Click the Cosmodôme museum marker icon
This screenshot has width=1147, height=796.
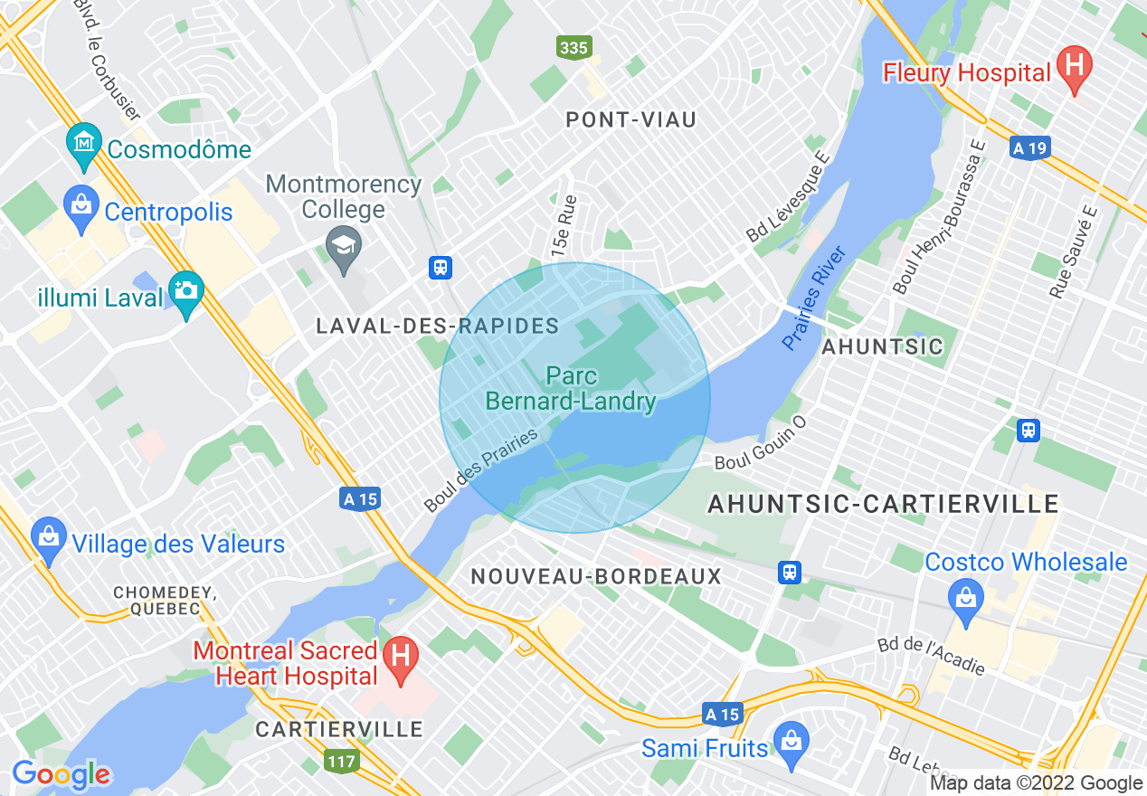click(x=84, y=144)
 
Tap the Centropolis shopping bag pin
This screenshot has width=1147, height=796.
click(x=81, y=205)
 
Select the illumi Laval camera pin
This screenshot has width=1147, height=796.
click(x=186, y=290)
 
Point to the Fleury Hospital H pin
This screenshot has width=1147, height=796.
click(x=1075, y=67)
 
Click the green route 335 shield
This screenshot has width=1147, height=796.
click(x=574, y=48)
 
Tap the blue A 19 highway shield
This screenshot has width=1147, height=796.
click(x=1029, y=149)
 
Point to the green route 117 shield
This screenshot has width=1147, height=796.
click(x=342, y=762)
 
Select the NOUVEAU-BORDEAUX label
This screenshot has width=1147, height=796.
click(x=596, y=576)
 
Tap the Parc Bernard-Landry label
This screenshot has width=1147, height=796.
click(x=571, y=388)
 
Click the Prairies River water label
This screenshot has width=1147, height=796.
click(x=814, y=297)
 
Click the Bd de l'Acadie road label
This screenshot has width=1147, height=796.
click(x=931, y=656)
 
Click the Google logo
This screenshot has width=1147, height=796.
click(x=61, y=774)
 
